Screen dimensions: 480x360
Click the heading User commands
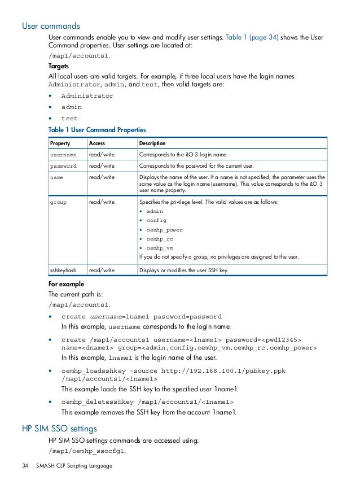coord(51,25)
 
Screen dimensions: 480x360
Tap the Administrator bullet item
coord(87,96)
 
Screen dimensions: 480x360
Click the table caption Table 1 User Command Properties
coord(97,130)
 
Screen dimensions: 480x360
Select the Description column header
coord(152,143)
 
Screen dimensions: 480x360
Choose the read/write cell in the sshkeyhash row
coord(102,270)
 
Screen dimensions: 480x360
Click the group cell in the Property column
coord(58,202)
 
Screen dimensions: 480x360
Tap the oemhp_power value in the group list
coord(164,230)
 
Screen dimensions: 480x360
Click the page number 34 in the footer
coord(25,466)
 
